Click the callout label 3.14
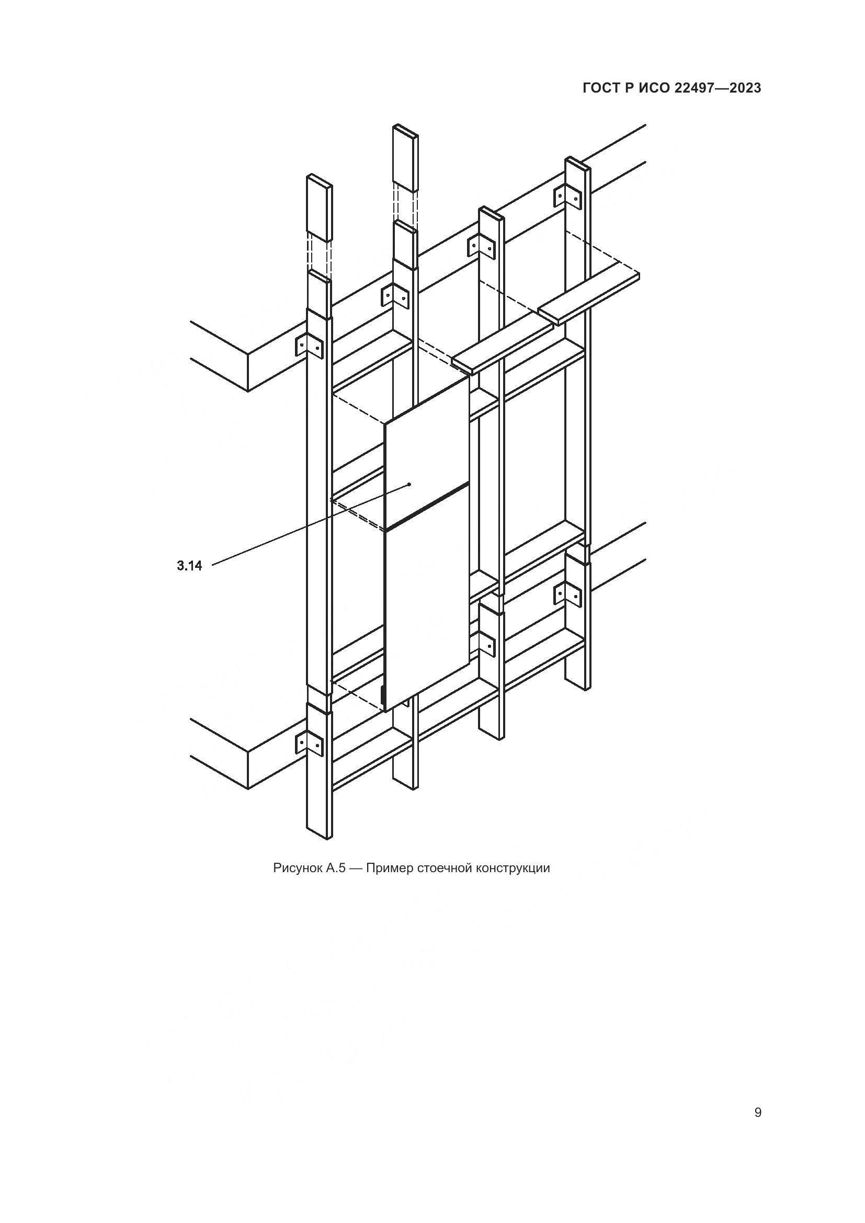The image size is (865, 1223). pos(189,566)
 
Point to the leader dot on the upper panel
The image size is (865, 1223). pos(409,484)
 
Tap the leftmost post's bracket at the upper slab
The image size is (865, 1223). pos(309,346)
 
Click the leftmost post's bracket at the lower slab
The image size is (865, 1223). pos(309,743)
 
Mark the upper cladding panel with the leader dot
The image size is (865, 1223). pos(426,453)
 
